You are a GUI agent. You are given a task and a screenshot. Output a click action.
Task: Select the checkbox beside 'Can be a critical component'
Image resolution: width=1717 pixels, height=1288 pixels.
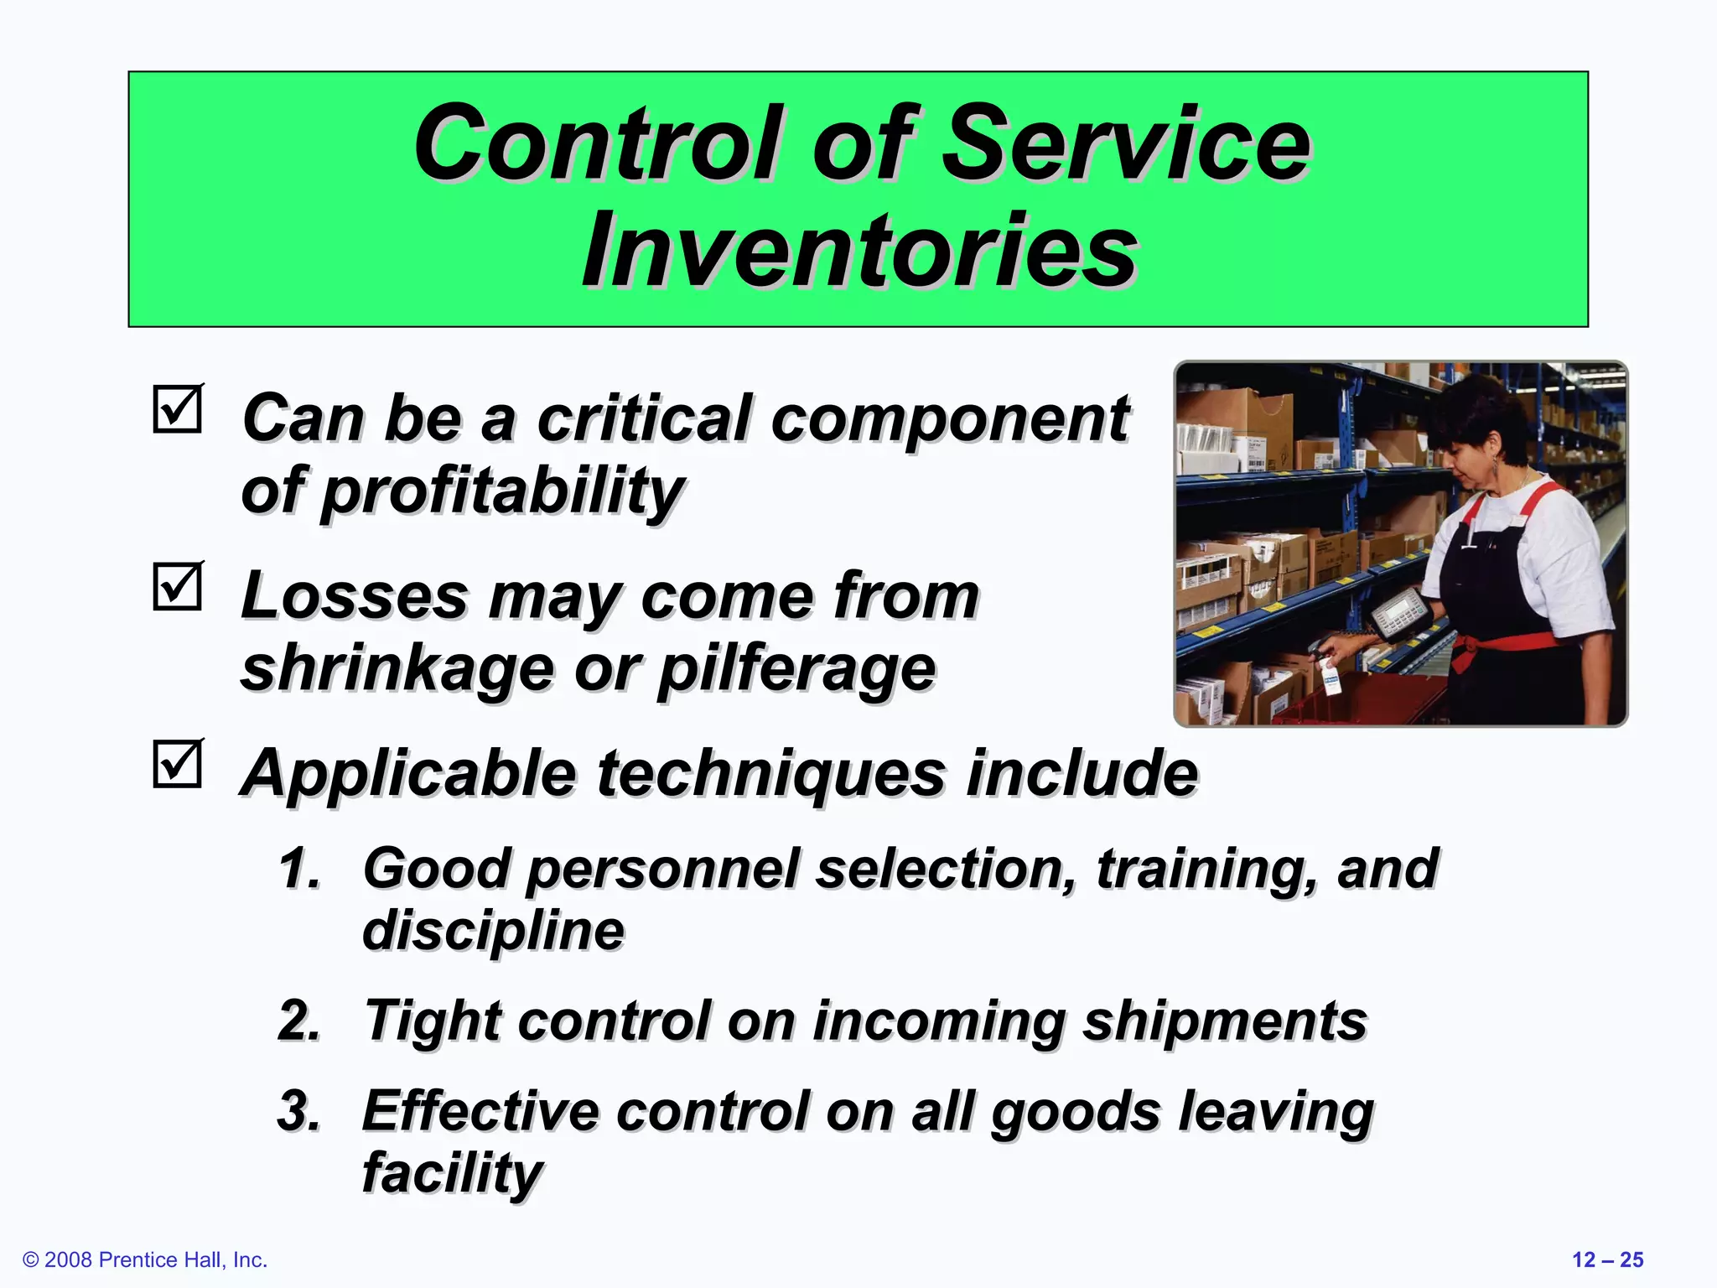178,409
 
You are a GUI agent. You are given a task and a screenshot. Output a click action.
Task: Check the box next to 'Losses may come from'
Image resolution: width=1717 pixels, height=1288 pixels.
178,586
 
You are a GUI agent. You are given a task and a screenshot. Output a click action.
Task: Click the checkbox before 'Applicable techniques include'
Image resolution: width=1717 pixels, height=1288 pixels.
178,764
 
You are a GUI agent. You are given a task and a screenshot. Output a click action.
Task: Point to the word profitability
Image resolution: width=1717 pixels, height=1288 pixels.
503,492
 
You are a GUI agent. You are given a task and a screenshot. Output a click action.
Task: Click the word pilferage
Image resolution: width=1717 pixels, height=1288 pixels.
796,670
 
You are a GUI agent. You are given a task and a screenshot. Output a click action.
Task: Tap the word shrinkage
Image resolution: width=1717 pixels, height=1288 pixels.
397,670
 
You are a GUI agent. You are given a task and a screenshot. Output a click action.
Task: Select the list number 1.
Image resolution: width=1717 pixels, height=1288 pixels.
298,869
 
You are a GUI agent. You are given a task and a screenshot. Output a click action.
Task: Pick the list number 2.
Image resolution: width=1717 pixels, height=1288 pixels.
298,1021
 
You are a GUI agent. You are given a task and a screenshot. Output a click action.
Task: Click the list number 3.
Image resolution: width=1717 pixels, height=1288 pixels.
298,1112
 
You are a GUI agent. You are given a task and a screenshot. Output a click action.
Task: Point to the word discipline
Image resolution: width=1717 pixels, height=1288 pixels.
493,931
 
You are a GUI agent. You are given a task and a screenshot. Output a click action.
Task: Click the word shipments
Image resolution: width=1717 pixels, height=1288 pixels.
1224,1021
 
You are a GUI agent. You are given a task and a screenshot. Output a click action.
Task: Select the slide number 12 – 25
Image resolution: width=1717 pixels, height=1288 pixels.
1607,1259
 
